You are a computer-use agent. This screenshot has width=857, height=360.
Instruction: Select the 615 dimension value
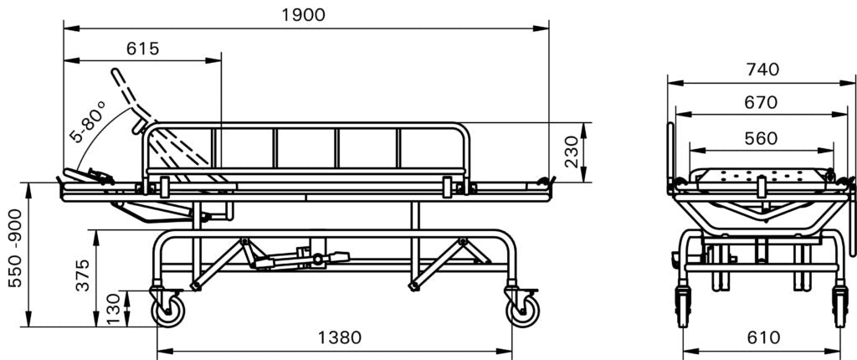click(142, 49)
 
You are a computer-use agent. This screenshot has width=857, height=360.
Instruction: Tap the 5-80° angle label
click(90, 122)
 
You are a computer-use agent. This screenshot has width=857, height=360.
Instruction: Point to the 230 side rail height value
click(572, 152)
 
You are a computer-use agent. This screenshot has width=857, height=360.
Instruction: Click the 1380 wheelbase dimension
click(340, 337)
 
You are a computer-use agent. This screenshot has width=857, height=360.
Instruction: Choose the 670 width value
click(760, 103)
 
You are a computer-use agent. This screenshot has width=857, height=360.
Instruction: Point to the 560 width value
click(760, 139)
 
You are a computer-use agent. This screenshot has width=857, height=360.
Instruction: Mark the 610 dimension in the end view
click(761, 337)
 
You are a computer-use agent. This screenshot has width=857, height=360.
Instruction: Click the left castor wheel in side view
click(167, 310)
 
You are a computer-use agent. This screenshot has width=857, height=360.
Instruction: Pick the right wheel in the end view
click(839, 306)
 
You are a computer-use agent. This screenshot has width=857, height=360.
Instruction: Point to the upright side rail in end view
click(670, 151)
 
